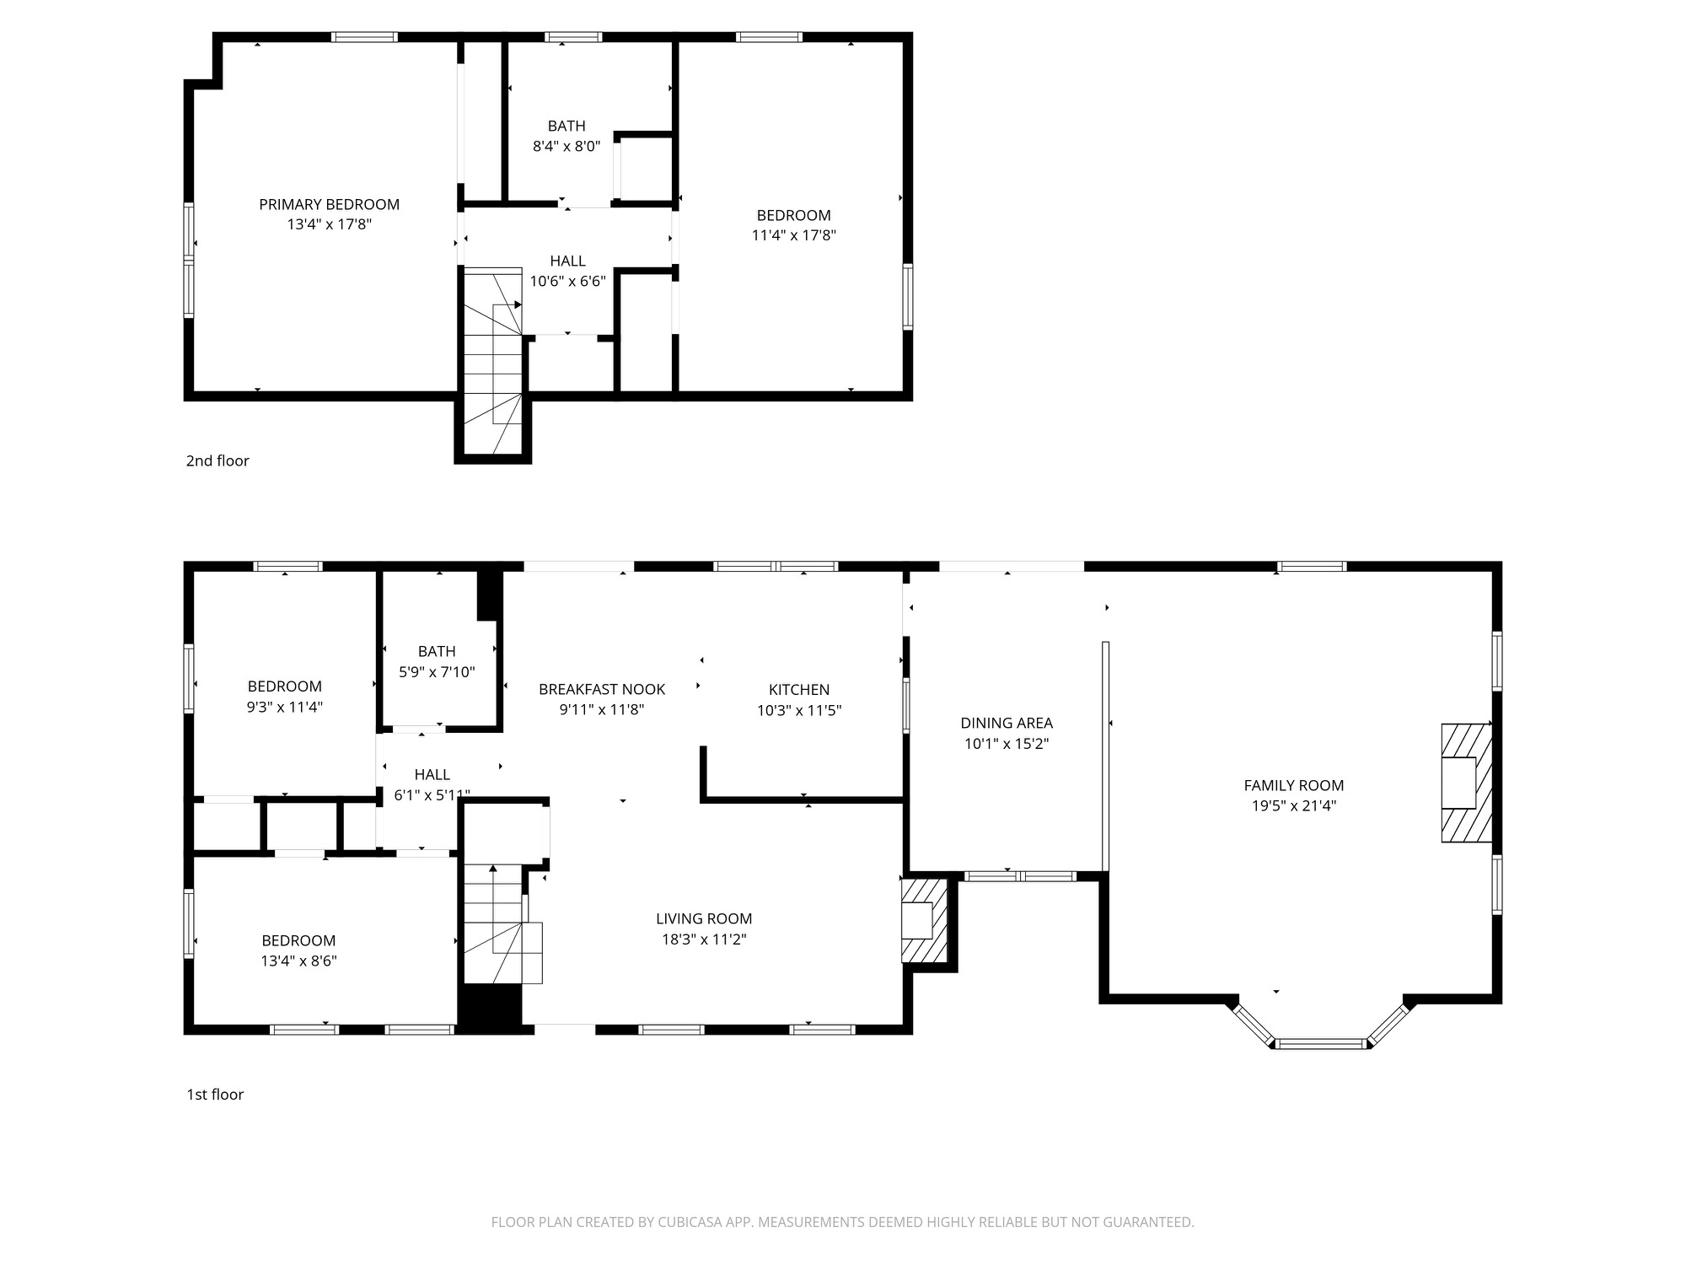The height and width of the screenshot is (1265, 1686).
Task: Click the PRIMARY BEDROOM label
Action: pos(329,204)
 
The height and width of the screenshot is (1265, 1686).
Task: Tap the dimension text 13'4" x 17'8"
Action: pos(329,224)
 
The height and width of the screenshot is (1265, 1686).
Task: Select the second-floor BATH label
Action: pos(566,126)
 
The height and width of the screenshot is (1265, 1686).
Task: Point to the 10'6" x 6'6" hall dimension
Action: pos(567,282)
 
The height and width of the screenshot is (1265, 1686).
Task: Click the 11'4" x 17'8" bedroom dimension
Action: pos(793,235)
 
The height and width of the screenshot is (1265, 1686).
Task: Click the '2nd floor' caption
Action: pos(217,460)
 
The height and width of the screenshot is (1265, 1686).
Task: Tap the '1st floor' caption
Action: pos(215,1095)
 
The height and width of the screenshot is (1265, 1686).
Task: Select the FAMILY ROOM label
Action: pos(1293,785)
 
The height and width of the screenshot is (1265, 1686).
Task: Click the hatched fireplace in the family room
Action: pos(1466,783)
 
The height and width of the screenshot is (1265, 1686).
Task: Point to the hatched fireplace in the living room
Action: pos(925,920)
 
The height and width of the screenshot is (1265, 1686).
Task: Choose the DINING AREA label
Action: pos(1007,723)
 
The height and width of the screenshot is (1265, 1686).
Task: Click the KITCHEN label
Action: pos(799,690)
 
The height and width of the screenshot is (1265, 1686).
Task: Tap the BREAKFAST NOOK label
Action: pos(602,689)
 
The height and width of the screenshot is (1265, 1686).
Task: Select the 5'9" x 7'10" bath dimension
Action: pos(437,672)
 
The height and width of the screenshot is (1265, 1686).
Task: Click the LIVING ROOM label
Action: pos(704,918)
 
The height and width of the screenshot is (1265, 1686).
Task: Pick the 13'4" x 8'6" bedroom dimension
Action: pos(298,961)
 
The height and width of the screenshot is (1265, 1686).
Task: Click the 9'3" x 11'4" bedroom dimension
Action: pos(284,707)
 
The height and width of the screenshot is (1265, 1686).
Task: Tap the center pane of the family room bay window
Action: pos(1320,1044)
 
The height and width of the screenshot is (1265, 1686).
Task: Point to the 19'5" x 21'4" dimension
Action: pos(1293,805)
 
